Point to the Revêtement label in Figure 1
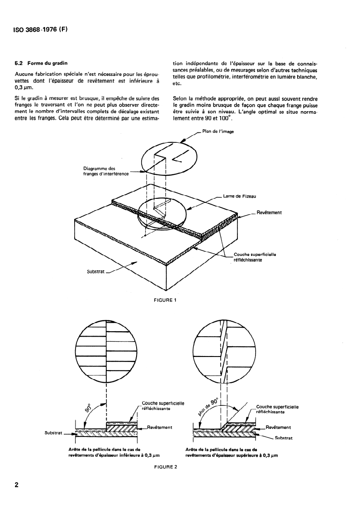(x=269, y=212)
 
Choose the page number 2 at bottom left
(x=17, y=485)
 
